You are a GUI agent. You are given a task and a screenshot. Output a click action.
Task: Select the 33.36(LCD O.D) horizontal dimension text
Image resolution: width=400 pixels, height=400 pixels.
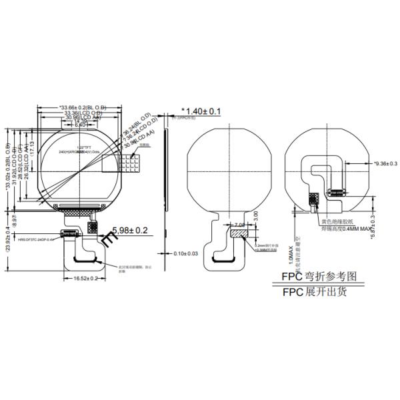pos(83,113)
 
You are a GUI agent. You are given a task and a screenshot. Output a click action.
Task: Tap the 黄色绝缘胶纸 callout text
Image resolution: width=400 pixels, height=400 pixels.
pos(339,221)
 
